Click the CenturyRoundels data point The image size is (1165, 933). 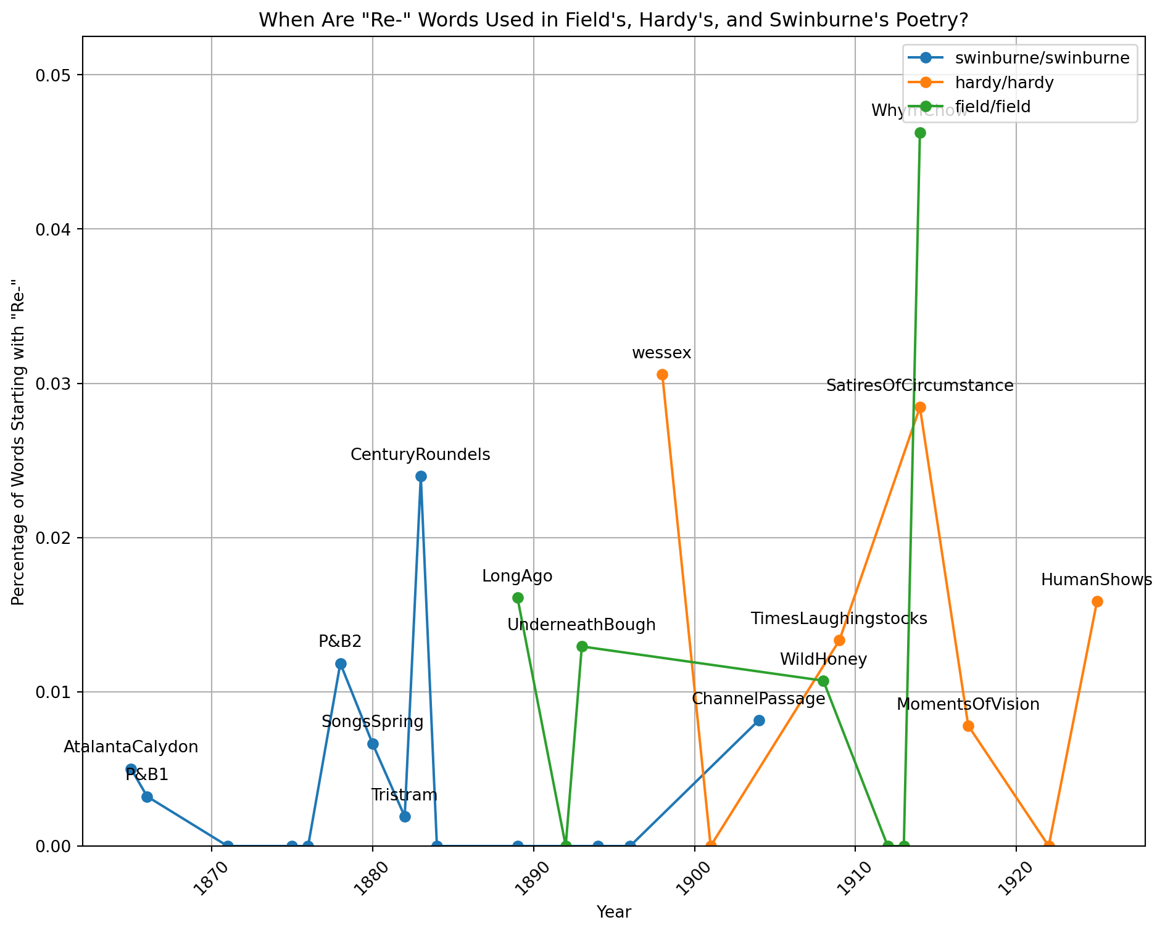421,476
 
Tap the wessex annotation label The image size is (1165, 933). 661,353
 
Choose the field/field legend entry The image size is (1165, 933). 992,107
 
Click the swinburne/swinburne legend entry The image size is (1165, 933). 1042,58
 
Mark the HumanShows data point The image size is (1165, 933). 1097,601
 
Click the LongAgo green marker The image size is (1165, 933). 518,598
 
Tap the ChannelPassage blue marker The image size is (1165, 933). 759,720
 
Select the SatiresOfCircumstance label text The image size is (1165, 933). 919,386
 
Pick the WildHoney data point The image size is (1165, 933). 823,681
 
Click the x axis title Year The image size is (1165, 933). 613,912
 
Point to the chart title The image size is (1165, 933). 613,20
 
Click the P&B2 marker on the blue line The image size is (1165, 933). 341,664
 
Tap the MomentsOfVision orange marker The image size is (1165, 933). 968,726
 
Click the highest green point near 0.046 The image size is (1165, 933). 920,133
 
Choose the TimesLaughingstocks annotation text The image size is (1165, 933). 839,619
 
